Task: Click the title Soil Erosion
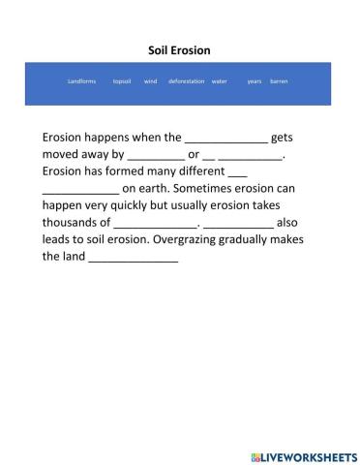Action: (179, 49)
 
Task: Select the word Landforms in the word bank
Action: (82, 81)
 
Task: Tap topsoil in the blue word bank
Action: (122, 81)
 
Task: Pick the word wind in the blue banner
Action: (150, 81)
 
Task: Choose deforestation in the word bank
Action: (186, 81)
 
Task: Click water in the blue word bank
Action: (219, 81)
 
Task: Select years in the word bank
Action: (255, 81)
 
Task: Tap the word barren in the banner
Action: (279, 81)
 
